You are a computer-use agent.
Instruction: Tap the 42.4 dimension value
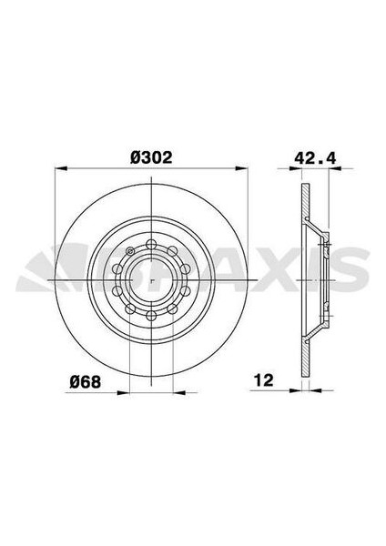click(x=313, y=157)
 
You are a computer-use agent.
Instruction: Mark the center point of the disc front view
click(x=149, y=281)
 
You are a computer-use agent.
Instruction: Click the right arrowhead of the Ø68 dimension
click(x=174, y=392)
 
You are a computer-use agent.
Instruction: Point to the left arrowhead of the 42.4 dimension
click(x=302, y=168)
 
